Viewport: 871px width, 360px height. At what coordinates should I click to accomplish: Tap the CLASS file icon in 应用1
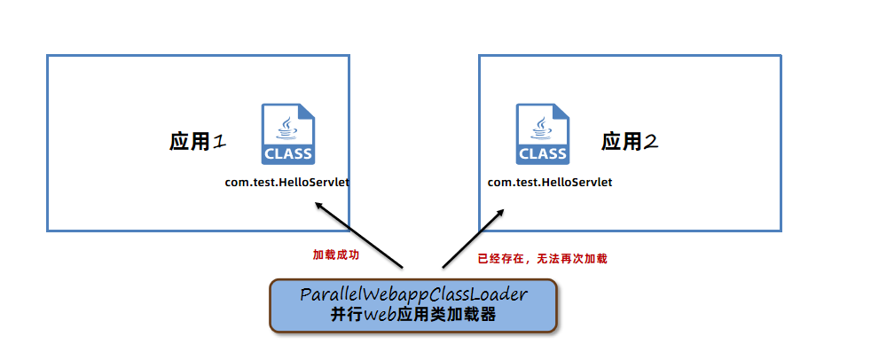[x=287, y=134]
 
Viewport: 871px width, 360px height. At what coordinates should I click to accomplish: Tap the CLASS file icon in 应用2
[x=542, y=134]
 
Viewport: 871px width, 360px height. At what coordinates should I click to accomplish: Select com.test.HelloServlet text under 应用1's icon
[x=286, y=182]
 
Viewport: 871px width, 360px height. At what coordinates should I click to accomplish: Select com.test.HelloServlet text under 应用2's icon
[x=550, y=182]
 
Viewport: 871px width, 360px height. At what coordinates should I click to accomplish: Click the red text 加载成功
[x=336, y=254]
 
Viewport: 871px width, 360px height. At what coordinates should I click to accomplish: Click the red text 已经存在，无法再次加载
[x=542, y=259]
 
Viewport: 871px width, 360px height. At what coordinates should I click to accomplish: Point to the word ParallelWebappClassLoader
[x=413, y=295]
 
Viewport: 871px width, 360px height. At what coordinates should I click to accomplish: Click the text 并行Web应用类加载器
[x=413, y=315]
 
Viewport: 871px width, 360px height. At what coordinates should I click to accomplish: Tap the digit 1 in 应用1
[x=220, y=142]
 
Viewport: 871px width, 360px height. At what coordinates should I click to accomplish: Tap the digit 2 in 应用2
[x=651, y=141]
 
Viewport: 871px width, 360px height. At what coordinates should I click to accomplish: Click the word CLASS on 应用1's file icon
[x=287, y=153]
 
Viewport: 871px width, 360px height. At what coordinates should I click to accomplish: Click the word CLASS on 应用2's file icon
[x=542, y=153]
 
